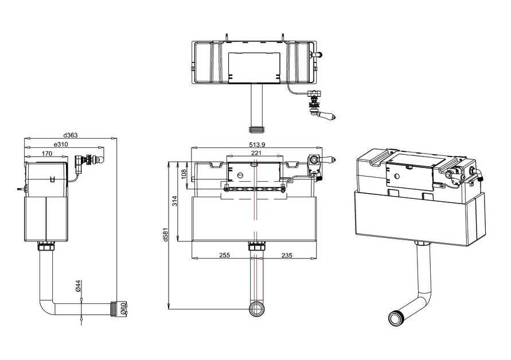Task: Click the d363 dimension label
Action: point(71,135)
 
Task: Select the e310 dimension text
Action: point(61,144)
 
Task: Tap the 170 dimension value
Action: point(47,154)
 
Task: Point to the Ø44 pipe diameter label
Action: point(78,285)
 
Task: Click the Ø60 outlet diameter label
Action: point(123,308)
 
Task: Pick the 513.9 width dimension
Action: point(257,144)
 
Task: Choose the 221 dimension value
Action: point(256,153)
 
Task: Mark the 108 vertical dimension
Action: point(184,174)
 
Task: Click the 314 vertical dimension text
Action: point(175,201)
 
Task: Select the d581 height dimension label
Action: point(166,234)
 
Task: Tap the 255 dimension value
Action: point(225,255)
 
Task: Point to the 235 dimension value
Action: point(287,255)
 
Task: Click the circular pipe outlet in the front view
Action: point(256,309)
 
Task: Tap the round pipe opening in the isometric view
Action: point(397,318)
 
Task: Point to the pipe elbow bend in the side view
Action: point(46,308)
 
